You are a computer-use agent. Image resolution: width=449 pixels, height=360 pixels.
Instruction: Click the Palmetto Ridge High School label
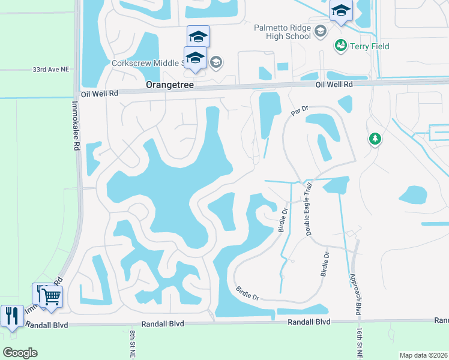tap(282, 32)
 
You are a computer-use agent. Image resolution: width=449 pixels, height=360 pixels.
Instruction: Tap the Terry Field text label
tap(370, 46)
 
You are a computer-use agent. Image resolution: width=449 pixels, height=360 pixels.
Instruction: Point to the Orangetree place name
tap(170, 86)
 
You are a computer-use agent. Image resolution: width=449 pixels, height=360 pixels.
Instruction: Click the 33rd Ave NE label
tap(51, 70)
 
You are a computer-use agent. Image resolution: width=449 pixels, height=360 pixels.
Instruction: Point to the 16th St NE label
tap(358, 343)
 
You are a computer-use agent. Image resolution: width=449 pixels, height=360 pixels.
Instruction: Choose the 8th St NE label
tap(131, 343)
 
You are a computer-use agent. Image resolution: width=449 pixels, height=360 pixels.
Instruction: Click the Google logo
tap(20, 353)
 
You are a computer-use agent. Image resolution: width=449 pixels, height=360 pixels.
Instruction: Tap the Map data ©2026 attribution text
tap(423, 355)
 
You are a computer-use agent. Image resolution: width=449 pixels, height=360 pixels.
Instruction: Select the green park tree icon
tap(375, 139)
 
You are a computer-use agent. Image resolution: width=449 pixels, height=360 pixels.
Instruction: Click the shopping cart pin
tap(51, 296)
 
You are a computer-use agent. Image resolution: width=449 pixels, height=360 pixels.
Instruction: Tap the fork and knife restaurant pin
tap(12, 316)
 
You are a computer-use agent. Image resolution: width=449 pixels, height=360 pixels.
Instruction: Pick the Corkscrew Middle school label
tap(147, 62)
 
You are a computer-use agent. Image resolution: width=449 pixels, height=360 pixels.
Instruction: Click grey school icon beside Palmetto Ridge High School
tap(321, 31)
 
